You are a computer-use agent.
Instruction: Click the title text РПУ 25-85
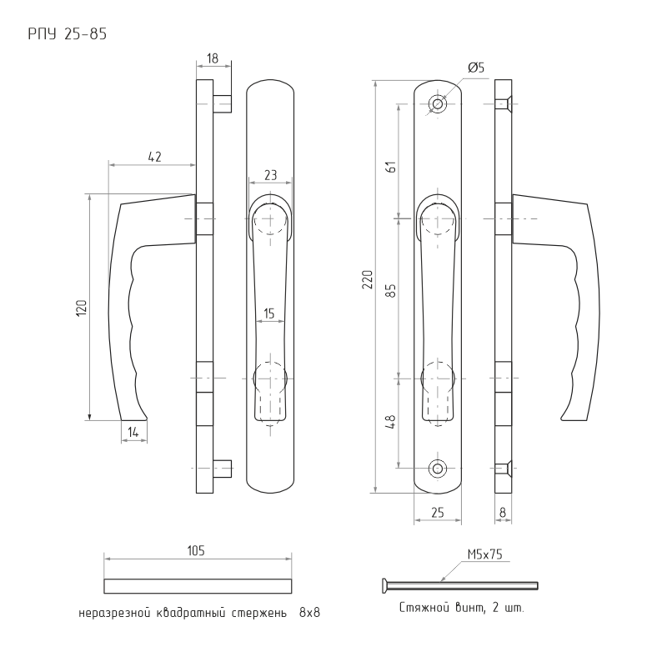click(x=68, y=34)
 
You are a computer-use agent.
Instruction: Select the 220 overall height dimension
click(x=368, y=279)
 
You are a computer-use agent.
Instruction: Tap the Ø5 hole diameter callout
click(x=476, y=68)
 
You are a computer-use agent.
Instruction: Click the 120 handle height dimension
click(x=81, y=307)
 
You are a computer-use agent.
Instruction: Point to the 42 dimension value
click(x=155, y=157)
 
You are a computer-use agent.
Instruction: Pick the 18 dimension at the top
click(x=213, y=58)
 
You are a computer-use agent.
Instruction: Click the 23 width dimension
click(x=270, y=175)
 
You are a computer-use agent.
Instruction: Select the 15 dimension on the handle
click(x=268, y=313)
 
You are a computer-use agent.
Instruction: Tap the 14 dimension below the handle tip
click(x=133, y=433)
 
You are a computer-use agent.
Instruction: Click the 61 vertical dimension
click(x=392, y=166)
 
